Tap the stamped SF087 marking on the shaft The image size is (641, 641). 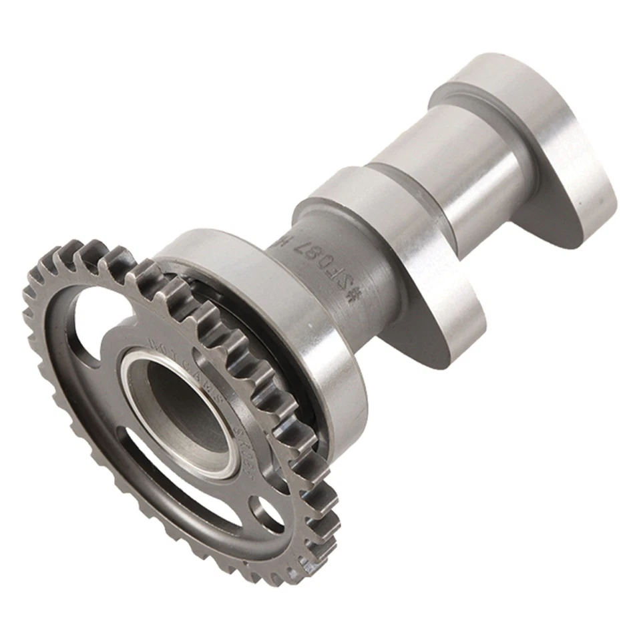point(314,264)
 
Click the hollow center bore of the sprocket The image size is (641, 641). point(184,411)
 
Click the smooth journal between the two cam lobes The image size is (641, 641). point(454,174)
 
